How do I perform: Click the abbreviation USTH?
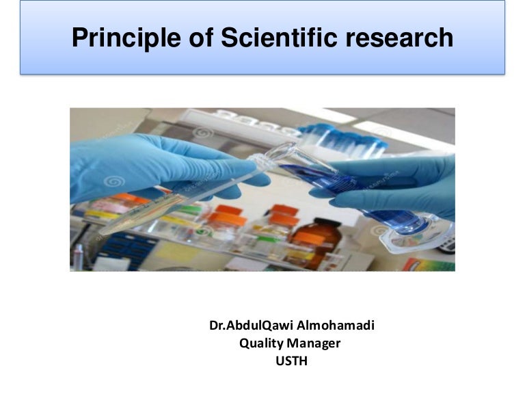click(x=291, y=361)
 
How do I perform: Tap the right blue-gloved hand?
click(x=403, y=185)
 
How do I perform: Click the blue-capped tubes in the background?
click(x=342, y=137)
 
